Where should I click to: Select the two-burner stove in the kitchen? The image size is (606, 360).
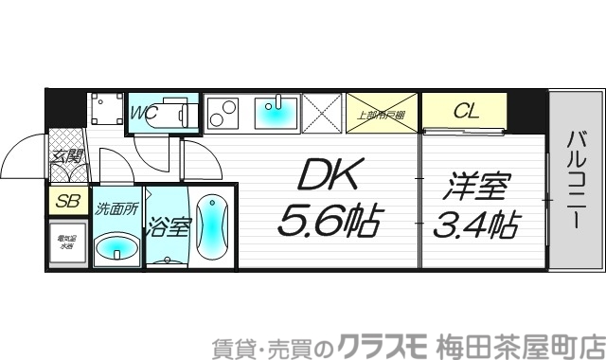point(224,114)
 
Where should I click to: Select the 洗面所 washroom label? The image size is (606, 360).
point(116,207)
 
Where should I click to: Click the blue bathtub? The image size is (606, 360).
point(211,227)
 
